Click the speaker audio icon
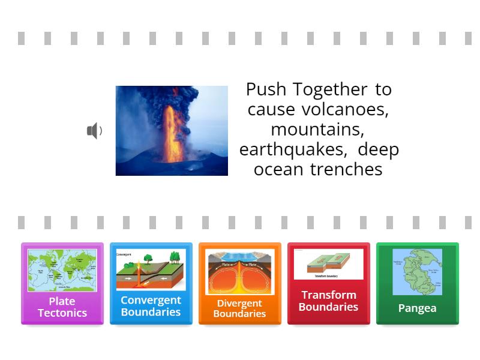tap(94, 131)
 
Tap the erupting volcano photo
tap(172, 131)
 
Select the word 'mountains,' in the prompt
tap(318, 129)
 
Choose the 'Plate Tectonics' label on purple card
tap(62, 307)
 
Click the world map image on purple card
tap(62, 270)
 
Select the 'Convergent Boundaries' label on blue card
tap(151, 306)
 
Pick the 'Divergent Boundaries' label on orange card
tap(239, 308)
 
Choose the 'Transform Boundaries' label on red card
tap(328, 301)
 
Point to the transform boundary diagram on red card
tap(328, 265)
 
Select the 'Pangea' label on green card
tap(417, 308)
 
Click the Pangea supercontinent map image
tap(417, 272)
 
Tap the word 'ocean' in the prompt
tap(279, 169)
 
